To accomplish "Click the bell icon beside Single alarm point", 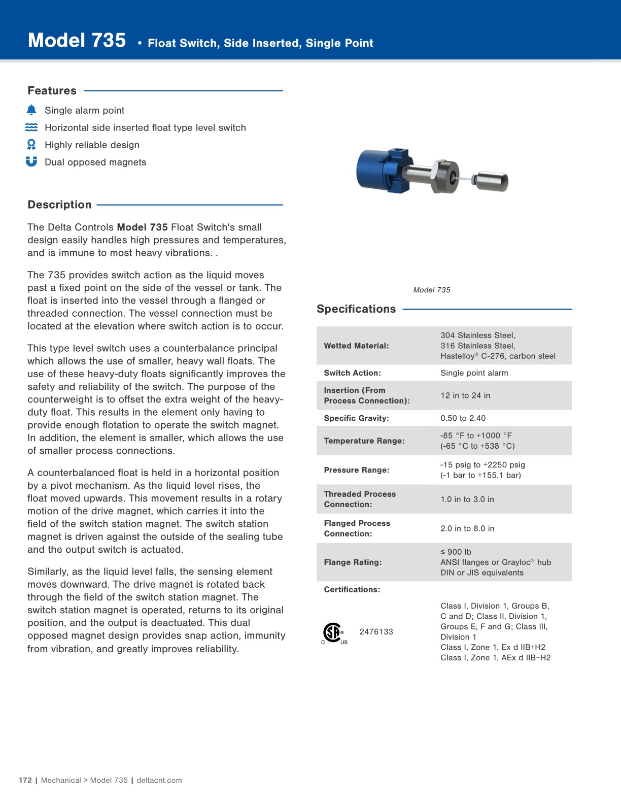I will point(31,110).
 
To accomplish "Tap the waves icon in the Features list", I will point(31,127).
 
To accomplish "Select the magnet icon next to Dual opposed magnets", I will point(31,161).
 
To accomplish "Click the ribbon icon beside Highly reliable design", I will point(31,145).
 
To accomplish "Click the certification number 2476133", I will point(376,631).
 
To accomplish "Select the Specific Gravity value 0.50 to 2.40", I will point(463,418).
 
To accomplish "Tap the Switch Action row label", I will point(352,373).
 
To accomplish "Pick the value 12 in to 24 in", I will point(465,395).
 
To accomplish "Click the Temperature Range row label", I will point(364,441).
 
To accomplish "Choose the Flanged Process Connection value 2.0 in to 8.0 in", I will point(467,528).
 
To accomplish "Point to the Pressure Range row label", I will point(356,470).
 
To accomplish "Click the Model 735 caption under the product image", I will point(431,290).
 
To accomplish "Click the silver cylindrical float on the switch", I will point(491,181).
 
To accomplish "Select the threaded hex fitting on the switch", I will point(447,176).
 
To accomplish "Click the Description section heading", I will point(59,205).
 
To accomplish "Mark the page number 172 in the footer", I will point(25,780).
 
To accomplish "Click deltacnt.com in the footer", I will point(159,780).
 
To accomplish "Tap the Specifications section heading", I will point(356,309).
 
